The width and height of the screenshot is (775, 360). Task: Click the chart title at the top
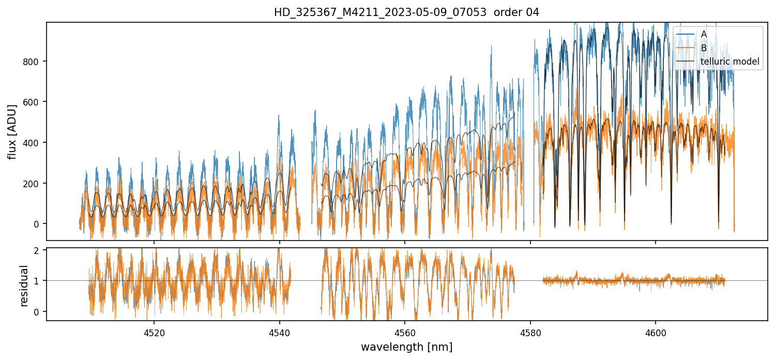click(406, 12)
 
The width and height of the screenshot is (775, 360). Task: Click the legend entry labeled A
click(704, 34)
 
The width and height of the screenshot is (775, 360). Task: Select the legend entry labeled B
click(704, 48)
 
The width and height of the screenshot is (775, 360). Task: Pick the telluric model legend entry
click(730, 62)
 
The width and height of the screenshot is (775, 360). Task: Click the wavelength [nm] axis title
click(406, 347)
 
